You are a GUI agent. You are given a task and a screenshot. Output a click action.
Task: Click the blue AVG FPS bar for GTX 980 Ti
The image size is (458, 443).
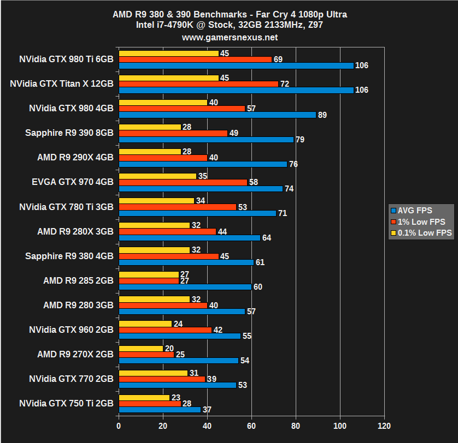point(236,65)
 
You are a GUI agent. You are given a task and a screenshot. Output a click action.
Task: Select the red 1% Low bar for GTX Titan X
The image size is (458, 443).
point(198,84)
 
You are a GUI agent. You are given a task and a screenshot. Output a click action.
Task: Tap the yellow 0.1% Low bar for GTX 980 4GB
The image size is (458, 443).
point(163,103)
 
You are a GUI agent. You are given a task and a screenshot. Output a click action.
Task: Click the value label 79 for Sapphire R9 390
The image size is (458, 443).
point(300,140)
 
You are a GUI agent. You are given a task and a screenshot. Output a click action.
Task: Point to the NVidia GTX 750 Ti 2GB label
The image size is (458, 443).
point(66,403)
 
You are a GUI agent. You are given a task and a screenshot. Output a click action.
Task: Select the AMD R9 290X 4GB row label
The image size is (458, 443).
point(75,158)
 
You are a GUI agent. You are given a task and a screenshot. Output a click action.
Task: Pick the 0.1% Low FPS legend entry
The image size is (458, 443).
point(421,233)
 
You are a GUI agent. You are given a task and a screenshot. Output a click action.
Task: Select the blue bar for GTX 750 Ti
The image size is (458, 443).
point(160,409)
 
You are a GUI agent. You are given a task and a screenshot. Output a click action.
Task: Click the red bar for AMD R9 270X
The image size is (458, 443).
point(146,355)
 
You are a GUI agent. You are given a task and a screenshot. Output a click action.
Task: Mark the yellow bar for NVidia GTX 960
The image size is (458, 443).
point(145,324)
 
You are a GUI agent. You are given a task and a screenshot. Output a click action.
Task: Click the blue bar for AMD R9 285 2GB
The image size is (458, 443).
point(185,286)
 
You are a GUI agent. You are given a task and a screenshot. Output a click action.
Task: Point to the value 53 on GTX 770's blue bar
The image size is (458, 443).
point(242,385)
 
